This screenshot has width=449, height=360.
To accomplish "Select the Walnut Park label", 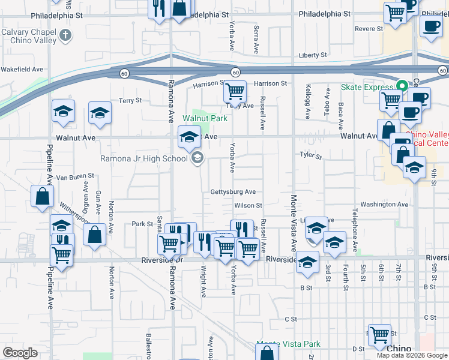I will [x=205, y=119].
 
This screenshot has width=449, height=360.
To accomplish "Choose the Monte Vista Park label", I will [x=288, y=344].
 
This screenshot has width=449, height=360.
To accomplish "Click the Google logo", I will [x=20, y=353].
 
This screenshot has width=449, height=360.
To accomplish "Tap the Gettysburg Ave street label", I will [x=233, y=192].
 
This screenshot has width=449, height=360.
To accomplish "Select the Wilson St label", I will [x=249, y=205].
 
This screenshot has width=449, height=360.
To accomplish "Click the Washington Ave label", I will [x=385, y=205].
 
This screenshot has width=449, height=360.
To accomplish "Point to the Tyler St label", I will [x=312, y=157].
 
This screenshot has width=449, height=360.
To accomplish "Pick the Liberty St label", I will [x=312, y=55].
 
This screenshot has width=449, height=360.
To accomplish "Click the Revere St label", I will [x=369, y=29].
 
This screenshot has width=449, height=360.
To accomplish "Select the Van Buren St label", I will [x=75, y=177].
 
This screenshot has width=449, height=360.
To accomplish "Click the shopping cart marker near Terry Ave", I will [x=235, y=92].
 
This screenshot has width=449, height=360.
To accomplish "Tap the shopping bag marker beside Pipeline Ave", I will [x=42, y=197].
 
